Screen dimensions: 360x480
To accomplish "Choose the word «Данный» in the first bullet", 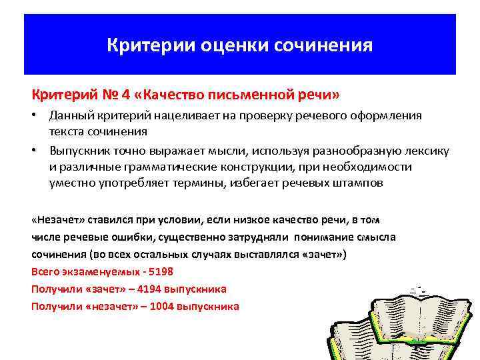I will [69, 115].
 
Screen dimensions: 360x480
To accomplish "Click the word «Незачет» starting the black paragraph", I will [56, 219].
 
